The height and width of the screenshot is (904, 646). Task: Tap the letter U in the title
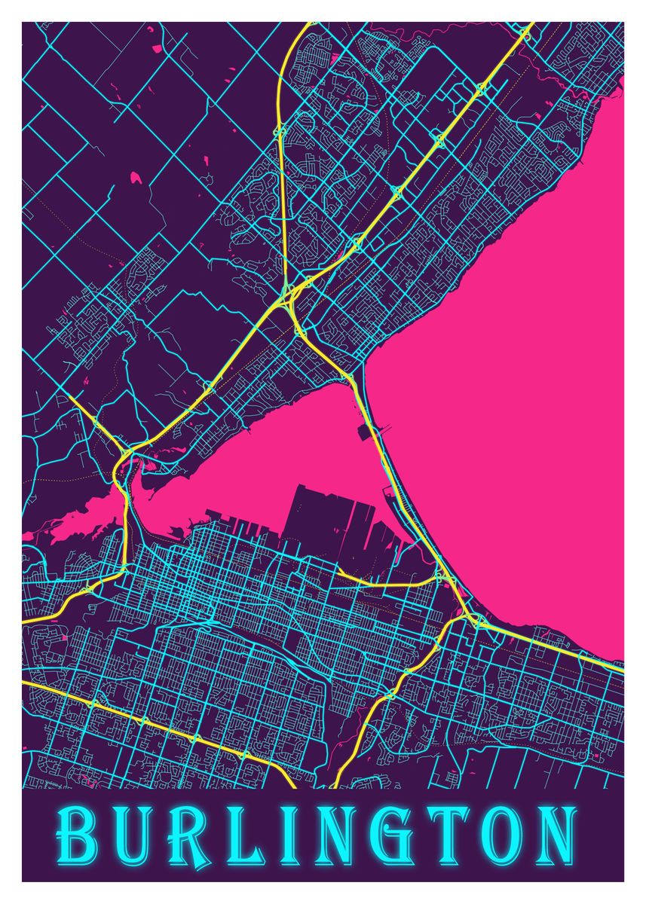coord(131,835)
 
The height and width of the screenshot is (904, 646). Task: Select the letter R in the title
coord(185,835)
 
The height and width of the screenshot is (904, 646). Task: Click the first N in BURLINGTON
coord(325,835)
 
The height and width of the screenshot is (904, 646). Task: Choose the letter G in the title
coord(384,835)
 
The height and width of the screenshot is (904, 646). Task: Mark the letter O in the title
coord(494,835)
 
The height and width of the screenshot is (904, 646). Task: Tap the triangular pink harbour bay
coord(286,452)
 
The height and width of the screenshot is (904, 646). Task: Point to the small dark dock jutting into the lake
coord(370,432)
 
